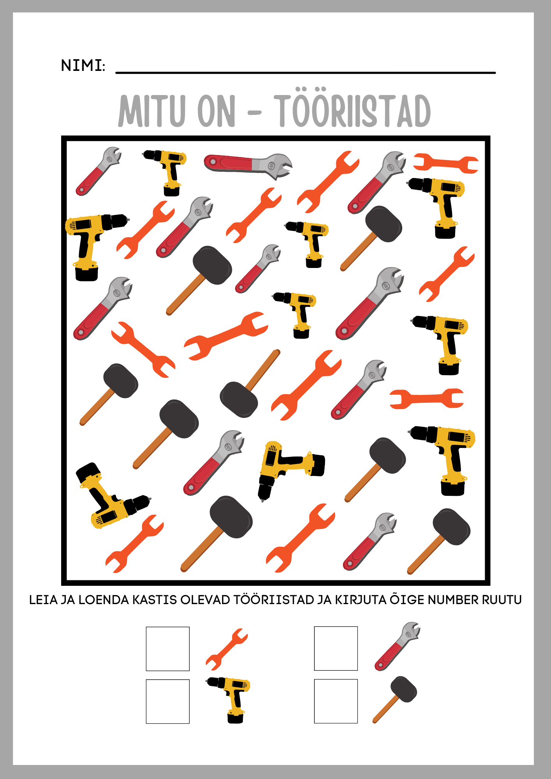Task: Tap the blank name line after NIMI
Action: [306, 72]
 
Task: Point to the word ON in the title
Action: [217, 111]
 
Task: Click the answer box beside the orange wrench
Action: [168, 649]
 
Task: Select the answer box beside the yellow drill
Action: [168, 701]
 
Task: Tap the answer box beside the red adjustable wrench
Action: [336, 649]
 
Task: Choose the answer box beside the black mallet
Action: [336, 701]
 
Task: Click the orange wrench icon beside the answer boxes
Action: [227, 649]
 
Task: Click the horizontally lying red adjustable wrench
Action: [248, 165]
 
